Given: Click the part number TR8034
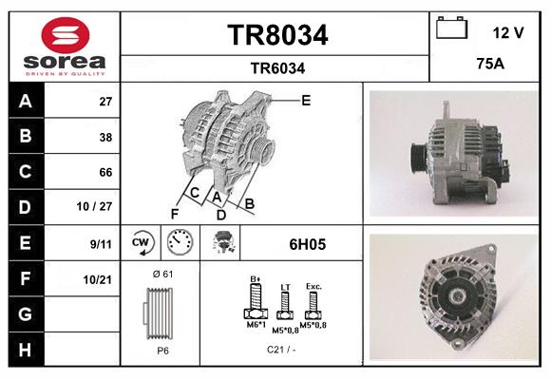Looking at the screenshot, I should tap(276, 35).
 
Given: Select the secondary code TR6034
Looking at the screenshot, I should tap(276, 67).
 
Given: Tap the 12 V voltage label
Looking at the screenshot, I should tap(508, 32).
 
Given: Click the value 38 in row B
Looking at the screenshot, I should tap(106, 137).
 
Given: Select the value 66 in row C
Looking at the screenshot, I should tap(106, 172).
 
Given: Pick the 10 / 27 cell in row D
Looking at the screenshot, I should tap(100, 207).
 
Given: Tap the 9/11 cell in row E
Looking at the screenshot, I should tap(100, 244).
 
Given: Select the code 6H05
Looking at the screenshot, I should tap(307, 244).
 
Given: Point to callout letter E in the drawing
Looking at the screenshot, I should tap(305, 100).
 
